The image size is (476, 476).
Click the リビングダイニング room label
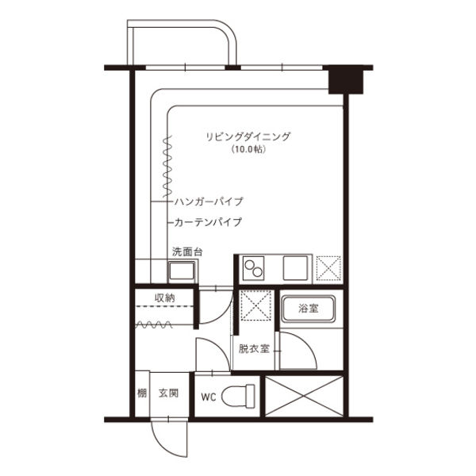pos(248,136)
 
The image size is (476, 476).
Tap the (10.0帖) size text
pos(248,149)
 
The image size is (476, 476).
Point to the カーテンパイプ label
pos(208,222)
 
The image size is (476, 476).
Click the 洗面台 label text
pos(187,252)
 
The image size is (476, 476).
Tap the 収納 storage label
pos(164,298)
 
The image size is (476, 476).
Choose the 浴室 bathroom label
pos(309,309)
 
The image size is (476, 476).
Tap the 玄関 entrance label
pos(167,393)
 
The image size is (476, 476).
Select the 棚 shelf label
pos(140,393)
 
